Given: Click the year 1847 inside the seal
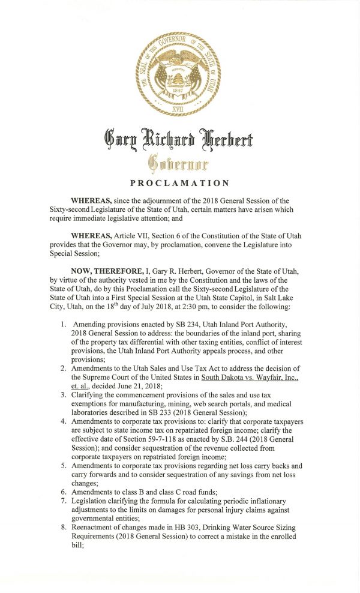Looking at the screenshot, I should (178, 91).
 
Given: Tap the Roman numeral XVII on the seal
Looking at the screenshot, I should (179, 110).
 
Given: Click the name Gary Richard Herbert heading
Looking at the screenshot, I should (179, 140).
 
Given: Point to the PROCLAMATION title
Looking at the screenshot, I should (179, 183).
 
